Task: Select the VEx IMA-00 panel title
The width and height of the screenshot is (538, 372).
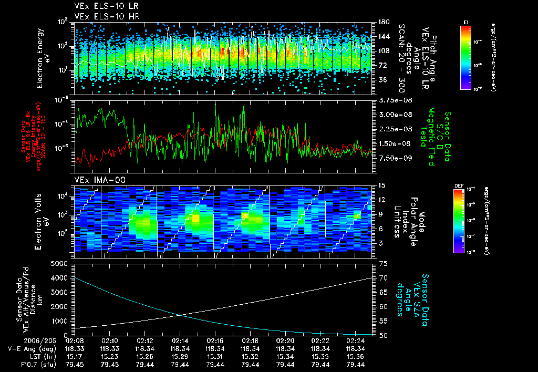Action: pos(96,180)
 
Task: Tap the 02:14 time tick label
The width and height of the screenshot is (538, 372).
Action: pos(180,340)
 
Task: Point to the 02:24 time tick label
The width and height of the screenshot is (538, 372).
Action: pos(356,340)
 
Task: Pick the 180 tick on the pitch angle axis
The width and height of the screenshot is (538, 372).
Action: pos(382,22)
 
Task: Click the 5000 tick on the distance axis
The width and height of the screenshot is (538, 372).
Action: pos(62,263)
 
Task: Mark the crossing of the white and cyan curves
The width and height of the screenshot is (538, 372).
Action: pos(182,315)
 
